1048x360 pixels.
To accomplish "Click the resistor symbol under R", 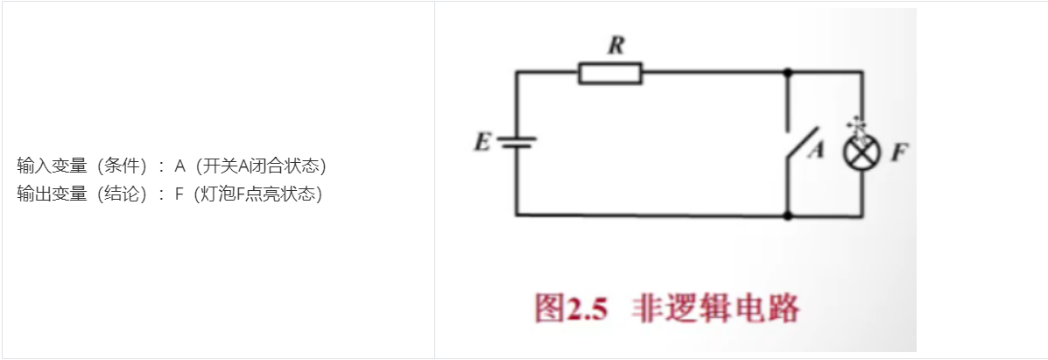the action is [610, 74].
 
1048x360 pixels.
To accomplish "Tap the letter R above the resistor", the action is [615, 47].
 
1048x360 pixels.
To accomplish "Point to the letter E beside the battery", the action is [482, 142].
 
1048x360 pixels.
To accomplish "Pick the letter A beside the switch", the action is [816, 151].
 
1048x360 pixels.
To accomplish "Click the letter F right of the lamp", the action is [898, 152].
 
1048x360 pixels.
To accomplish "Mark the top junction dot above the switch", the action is [789, 73].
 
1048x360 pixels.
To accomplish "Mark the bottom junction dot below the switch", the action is [789, 214].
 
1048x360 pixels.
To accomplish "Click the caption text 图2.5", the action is [571, 310].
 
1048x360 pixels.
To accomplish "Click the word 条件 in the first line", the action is [121, 166].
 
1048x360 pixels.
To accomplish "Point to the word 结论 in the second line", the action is [121, 194].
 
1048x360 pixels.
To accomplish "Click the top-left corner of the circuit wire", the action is [517, 73].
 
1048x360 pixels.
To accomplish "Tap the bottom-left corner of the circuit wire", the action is [517, 214].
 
